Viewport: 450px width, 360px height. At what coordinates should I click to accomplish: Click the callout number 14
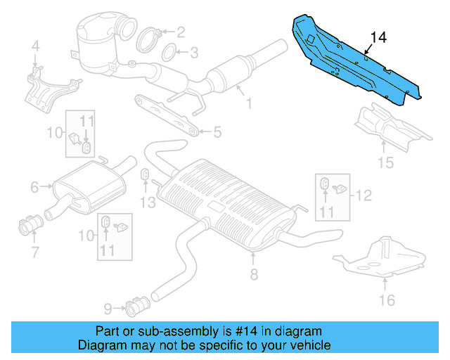click(378, 37)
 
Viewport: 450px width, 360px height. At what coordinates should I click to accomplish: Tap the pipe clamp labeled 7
click(30, 227)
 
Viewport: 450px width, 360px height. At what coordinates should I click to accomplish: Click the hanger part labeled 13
click(145, 174)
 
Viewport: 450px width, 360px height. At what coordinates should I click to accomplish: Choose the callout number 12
click(364, 194)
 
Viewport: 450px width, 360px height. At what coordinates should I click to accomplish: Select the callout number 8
click(254, 275)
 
